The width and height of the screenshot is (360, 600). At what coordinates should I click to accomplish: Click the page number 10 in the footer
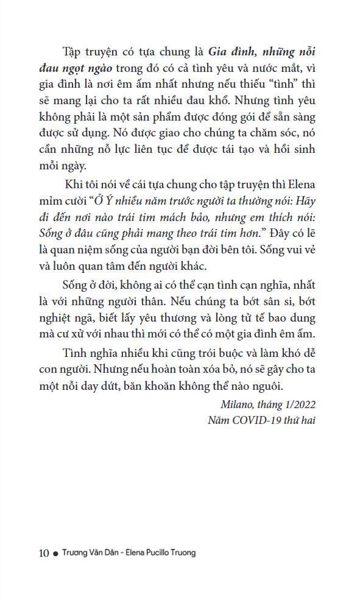coord(44,553)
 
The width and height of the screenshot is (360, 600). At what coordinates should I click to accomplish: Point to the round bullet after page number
coord(55,554)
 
